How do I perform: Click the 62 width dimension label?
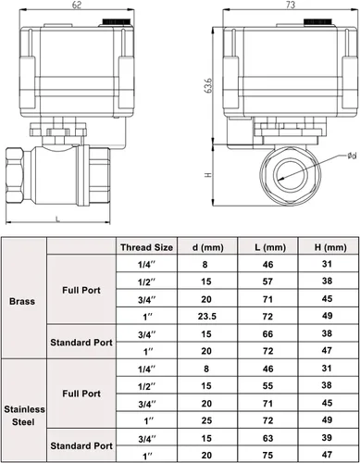click(77, 6)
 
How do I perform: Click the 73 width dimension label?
click(291, 5)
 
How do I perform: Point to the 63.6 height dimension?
click(209, 85)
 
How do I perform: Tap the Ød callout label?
click(352, 156)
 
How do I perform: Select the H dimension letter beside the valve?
click(208, 175)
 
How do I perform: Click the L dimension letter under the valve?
click(57, 219)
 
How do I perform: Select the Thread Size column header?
click(146, 247)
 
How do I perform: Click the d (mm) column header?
click(207, 247)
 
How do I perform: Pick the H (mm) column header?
click(330, 247)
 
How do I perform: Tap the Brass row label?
click(22, 301)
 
